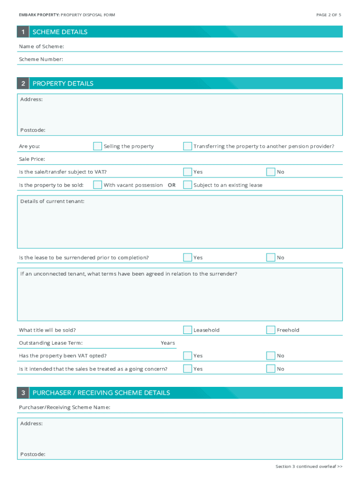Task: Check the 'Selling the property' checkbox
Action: coord(97,146)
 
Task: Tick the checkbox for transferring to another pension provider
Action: coord(187,146)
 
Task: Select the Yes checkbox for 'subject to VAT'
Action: coord(187,172)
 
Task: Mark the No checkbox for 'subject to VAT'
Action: coord(271,172)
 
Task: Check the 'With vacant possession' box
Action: coord(97,185)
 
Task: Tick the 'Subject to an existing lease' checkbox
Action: coord(187,185)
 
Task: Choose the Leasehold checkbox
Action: coord(187,330)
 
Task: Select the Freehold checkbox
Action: coord(271,330)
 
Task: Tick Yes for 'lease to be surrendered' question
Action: coord(187,257)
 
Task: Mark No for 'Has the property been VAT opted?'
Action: coord(271,356)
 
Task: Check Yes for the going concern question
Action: coord(187,369)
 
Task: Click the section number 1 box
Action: coord(23,32)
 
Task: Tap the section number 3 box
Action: coord(23,393)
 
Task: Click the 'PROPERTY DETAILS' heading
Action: coord(63,83)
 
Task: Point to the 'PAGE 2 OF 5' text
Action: coord(329,15)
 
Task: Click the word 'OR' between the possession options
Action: coord(172,185)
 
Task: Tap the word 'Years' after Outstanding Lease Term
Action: coord(168,343)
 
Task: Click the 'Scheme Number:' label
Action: coord(41,59)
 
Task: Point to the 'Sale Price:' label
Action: coord(32,160)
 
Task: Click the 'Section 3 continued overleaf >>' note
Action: coord(309,466)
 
